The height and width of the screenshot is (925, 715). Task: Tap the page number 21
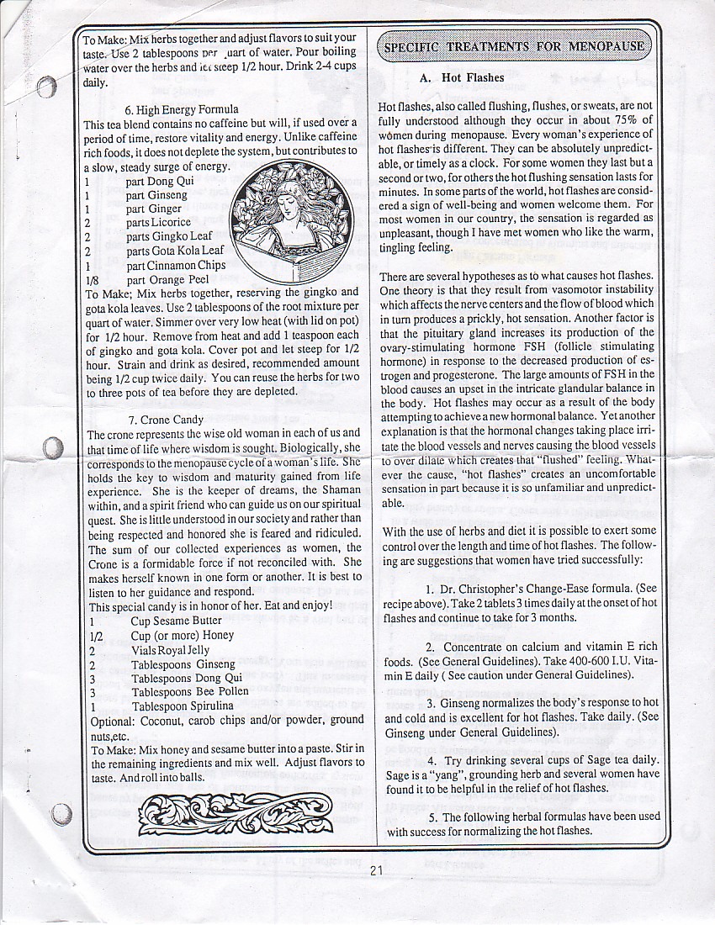coord(375,870)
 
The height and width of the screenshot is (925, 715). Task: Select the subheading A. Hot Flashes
coord(462,78)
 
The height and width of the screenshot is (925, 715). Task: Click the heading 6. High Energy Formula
coord(181,109)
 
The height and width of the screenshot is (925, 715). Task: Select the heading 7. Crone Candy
coord(166,420)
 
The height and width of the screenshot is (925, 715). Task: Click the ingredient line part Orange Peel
coord(167,279)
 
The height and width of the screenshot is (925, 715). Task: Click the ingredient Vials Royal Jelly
coord(170,650)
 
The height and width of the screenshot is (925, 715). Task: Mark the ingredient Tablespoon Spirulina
coord(182,706)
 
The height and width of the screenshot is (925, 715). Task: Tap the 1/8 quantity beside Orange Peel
coord(93,280)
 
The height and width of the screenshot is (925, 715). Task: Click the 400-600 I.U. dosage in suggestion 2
coord(587,661)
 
